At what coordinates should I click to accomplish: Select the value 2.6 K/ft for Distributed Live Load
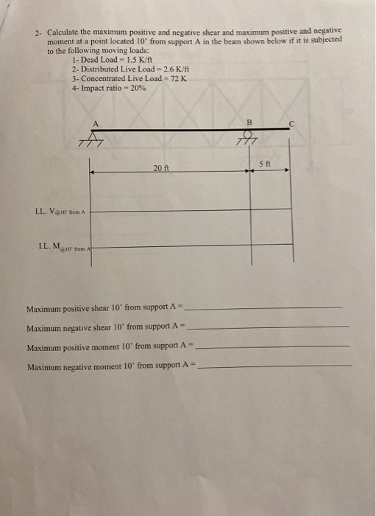pyautogui.click(x=167, y=69)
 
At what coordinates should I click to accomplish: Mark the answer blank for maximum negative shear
pyautogui.click(x=269, y=326)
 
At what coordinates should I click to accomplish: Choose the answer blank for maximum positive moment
pyautogui.click(x=274, y=346)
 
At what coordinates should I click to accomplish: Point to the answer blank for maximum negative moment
pyautogui.click(x=276, y=365)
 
